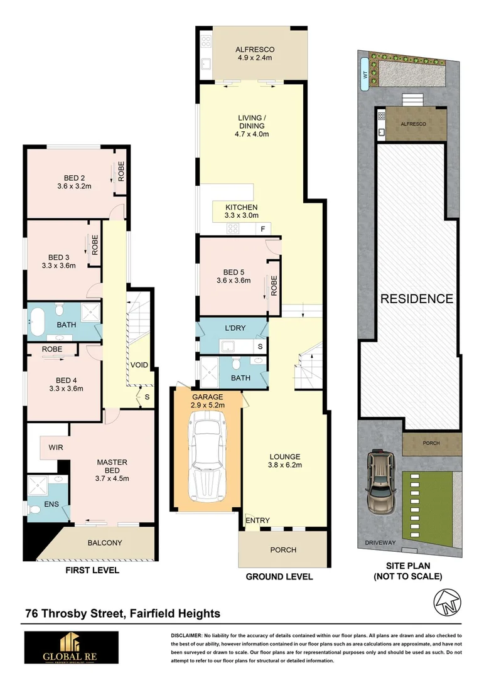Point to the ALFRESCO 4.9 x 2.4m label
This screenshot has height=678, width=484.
(x=255, y=54)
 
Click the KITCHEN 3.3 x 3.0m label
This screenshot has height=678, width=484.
(x=242, y=212)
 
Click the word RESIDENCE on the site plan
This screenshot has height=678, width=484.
(x=416, y=299)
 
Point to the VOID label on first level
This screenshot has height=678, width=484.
(x=139, y=365)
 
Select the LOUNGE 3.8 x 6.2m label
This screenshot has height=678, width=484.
(x=285, y=461)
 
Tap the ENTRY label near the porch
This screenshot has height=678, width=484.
(x=257, y=520)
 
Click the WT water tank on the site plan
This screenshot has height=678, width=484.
(x=365, y=75)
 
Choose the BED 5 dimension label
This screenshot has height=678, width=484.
(x=234, y=276)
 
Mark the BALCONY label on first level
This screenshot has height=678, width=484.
(x=105, y=543)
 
